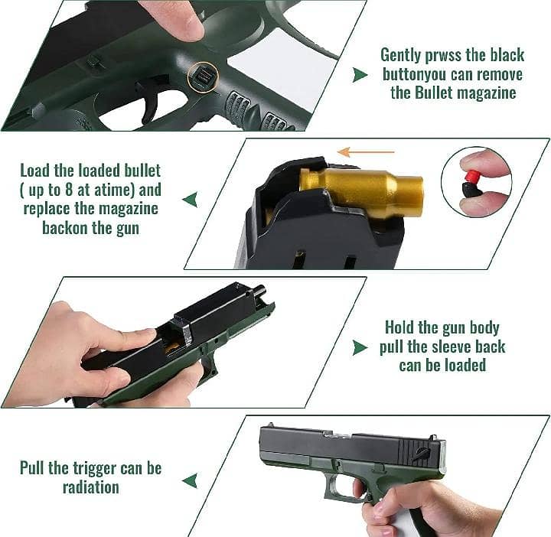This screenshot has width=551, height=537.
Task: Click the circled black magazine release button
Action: point(203,77)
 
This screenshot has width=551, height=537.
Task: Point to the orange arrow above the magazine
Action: point(366,152)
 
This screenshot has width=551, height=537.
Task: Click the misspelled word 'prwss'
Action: point(443,56)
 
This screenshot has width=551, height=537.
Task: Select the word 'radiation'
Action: point(90,487)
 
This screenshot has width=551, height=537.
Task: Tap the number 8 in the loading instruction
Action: point(69,190)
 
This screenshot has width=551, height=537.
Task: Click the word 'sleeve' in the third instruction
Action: point(452,347)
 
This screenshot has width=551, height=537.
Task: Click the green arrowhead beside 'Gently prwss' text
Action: point(360,75)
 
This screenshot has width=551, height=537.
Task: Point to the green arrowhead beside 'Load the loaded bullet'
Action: point(190,200)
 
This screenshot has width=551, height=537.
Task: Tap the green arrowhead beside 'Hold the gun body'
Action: point(360,348)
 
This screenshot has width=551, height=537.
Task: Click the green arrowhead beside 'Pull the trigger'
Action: point(190,480)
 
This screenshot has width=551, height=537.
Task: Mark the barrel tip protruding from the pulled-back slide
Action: point(262,291)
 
